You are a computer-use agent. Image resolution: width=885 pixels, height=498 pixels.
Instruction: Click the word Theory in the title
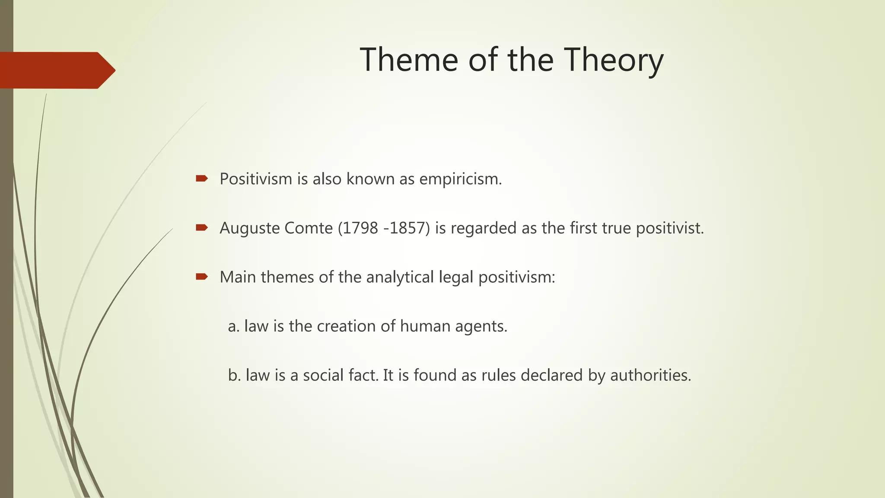[x=614, y=61]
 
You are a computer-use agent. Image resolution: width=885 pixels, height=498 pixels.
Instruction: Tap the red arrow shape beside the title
[x=56, y=70]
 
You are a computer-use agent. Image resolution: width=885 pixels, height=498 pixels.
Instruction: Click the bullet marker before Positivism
[x=202, y=179]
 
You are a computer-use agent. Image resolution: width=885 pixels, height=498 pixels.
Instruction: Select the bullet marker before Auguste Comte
[x=202, y=227]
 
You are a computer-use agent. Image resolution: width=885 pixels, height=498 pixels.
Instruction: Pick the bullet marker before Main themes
[x=202, y=277]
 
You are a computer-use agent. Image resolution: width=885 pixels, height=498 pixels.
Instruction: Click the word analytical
[x=400, y=277]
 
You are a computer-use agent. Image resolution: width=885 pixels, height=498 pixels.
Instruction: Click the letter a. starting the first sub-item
[x=233, y=326]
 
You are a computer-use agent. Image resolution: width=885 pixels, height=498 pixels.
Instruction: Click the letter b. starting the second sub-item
[x=234, y=375]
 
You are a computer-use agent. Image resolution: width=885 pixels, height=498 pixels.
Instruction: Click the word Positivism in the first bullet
[x=256, y=179]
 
